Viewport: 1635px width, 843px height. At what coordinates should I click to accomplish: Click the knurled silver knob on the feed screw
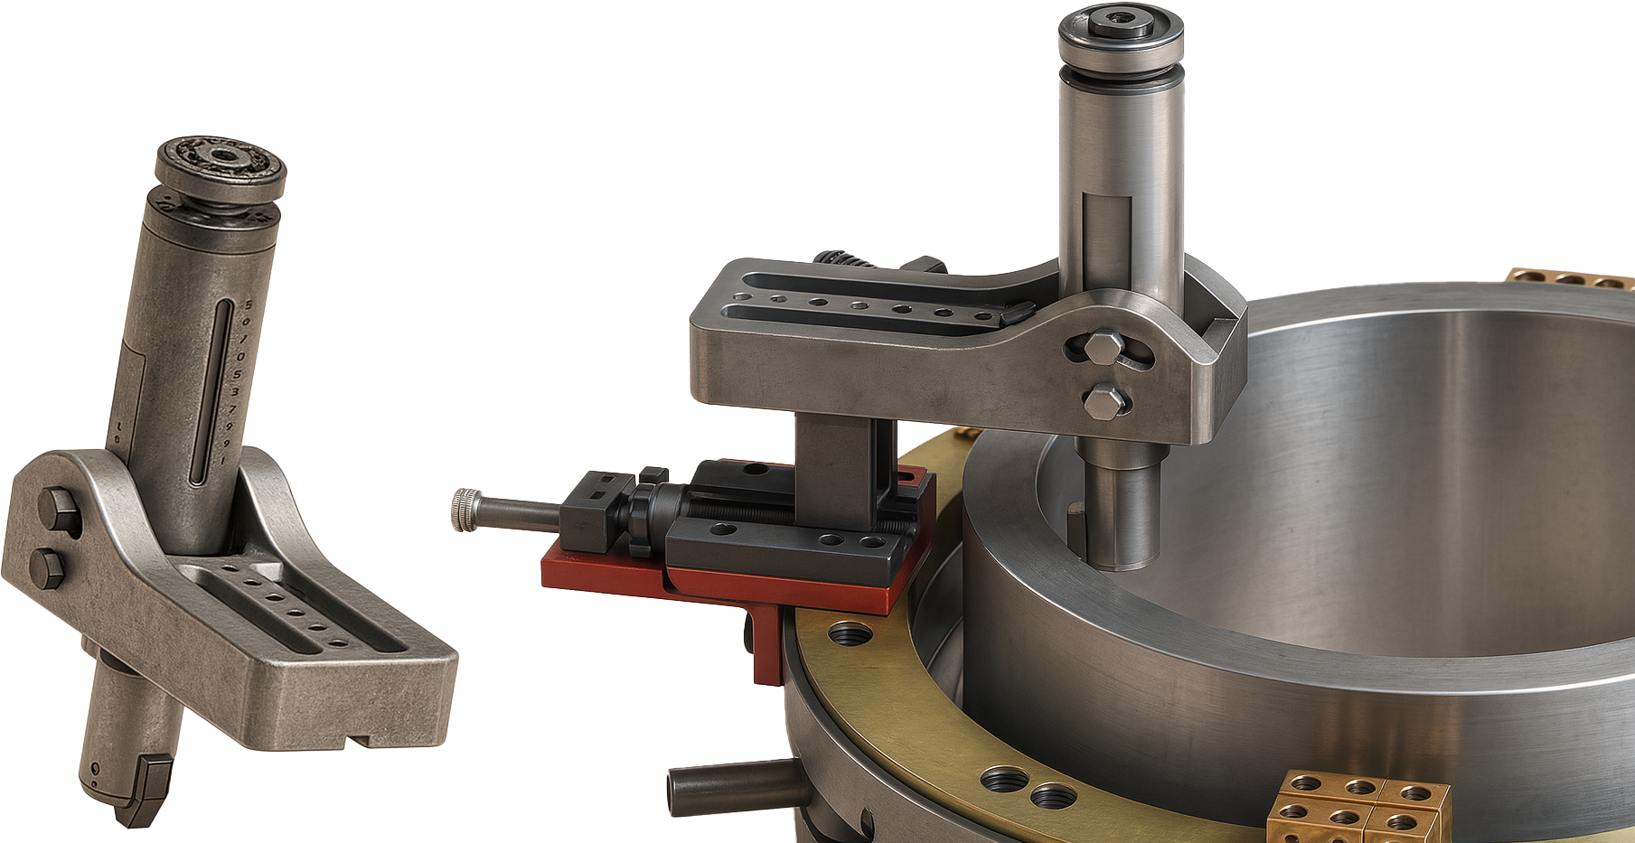[x=463, y=510]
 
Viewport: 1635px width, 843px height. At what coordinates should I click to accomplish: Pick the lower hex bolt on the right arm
[x=1104, y=401]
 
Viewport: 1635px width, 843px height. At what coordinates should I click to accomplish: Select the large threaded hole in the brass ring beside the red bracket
[x=849, y=632]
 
